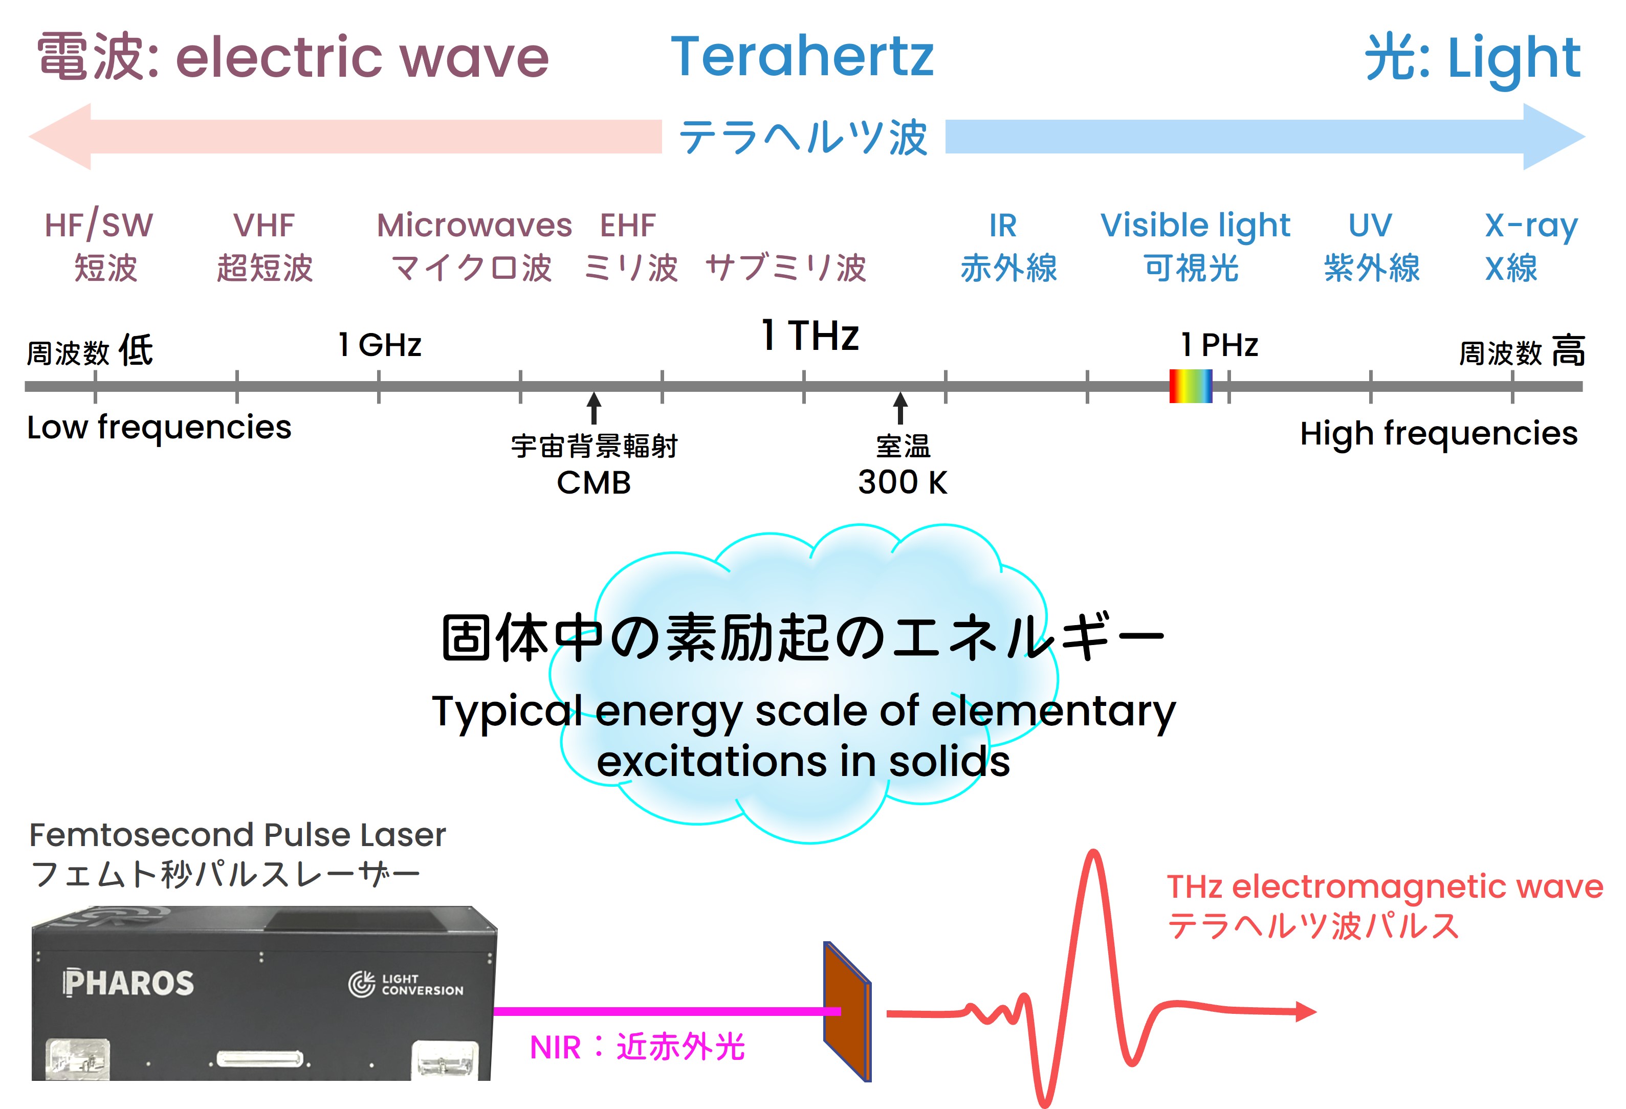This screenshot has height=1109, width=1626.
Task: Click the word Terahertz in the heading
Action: pyautogui.click(x=802, y=57)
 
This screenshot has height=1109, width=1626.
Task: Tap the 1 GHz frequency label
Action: pyautogui.click(x=380, y=344)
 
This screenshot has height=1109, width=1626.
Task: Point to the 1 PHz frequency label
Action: pyautogui.click(x=1220, y=344)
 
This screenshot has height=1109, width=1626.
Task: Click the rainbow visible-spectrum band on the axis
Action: pyautogui.click(x=1190, y=386)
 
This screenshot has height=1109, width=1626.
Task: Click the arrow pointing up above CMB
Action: pyautogui.click(x=594, y=407)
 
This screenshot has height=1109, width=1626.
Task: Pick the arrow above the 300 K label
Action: pyautogui.click(x=900, y=407)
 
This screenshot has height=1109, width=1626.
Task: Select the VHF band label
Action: pyautogui.click(x=264, y=225)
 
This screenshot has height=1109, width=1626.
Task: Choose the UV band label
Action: pyautogui.click(x=1370, y=225)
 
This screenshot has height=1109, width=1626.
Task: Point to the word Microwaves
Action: pyautogui.click(x=474, y=225)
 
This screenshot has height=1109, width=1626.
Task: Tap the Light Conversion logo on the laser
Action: pyautogui.click(x=406, y=984)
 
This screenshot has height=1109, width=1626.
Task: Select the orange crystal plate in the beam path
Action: pyautogui.click(x=847, y=1012)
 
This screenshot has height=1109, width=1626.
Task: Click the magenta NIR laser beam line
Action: pyautogui.click(x=667, y=1011)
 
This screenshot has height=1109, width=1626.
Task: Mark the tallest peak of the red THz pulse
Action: pyautogui.click(x=1093, y=852)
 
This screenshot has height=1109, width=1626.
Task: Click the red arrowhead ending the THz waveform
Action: pyautogui.click(x=1306, y=1012)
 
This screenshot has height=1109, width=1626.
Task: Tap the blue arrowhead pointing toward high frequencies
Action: pyautogui.click(x=1554, y=137)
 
